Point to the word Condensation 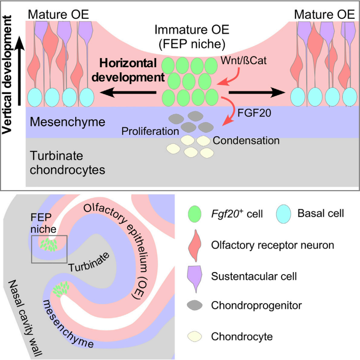(240, 140)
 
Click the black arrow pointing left (128, 93)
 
